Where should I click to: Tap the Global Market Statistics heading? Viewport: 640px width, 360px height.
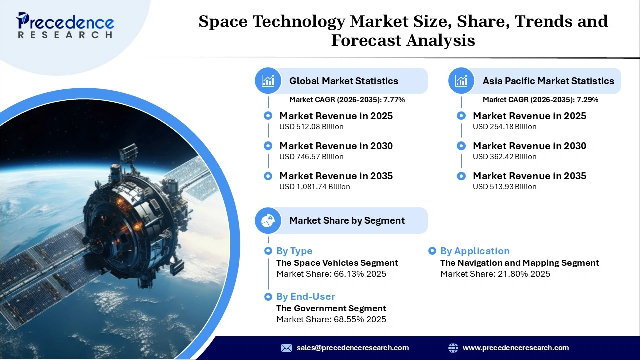343,81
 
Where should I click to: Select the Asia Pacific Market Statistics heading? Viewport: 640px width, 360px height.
548,81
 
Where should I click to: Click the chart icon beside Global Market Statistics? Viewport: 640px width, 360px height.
268,81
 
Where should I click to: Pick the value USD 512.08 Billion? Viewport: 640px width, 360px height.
311,127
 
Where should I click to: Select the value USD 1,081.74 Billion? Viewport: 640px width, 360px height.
314,187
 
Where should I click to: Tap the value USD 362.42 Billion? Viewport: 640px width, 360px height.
504,157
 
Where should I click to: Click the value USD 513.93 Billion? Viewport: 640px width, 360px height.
504,187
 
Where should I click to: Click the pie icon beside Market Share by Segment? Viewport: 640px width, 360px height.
268,220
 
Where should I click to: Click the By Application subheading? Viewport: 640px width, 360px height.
474,251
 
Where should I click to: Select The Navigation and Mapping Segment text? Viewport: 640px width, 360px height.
519,263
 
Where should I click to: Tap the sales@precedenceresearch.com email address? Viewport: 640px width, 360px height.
352,348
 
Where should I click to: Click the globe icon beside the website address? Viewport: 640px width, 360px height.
453,348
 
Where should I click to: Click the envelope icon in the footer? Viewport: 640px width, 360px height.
286,348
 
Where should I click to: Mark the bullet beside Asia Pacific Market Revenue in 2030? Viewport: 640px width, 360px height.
461,146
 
